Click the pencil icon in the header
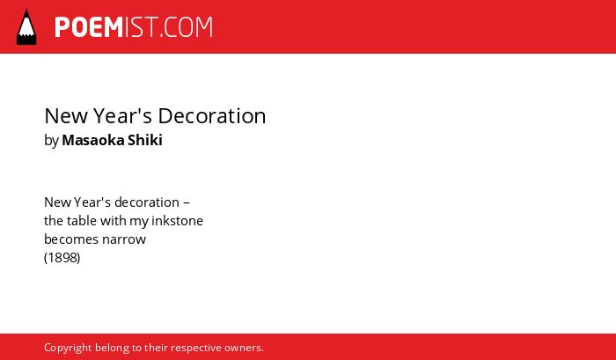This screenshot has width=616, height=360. (x=26, y=27)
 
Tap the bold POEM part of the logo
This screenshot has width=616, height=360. (x=89, y=27)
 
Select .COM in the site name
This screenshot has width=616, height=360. (x=187, y=27)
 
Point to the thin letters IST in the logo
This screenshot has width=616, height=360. (x=142, y=27)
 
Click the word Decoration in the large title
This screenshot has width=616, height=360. (x=212, y=116)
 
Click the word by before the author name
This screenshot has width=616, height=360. (x=51, y=141)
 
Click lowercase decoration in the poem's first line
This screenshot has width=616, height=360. (x=147, y=202)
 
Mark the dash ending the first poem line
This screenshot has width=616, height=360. (x=187, y=202)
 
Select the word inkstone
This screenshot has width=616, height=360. (x=177, y=221)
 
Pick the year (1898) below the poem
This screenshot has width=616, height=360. (x=62, y=258)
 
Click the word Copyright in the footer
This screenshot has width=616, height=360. (x=68, y=349)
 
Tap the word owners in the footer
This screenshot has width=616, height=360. (x=244, y=349)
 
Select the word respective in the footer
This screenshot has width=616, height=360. (x=196, y=349)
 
